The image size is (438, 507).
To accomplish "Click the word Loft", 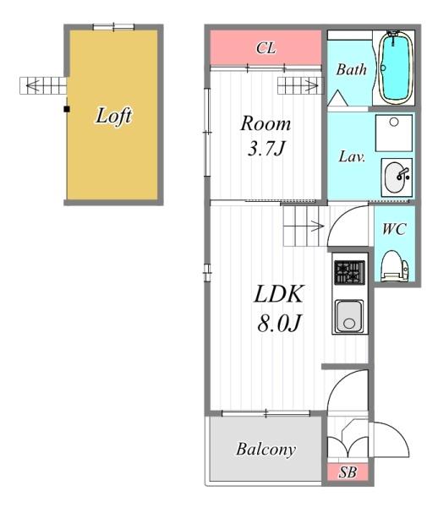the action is click(x=114, y=116).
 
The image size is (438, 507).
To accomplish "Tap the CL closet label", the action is click(x=266, y=48).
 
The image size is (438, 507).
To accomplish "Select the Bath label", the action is click(x=351, y=69).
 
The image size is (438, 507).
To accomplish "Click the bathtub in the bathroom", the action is click(x=396, y=68).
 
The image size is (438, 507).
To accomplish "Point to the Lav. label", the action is click(x=352, y=157).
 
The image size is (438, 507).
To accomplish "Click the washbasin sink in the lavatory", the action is click(x=397, y=177).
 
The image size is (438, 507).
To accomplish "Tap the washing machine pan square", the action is click(x=394, y=133).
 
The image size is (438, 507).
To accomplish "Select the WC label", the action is click(x=394, y=229).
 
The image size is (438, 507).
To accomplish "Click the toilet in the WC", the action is click(x=395, y=266).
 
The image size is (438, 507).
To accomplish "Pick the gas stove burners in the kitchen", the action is click(x=349, y=273).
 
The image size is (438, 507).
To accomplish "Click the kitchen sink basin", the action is click(x=349, y=316).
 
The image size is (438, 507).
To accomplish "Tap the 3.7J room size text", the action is click(x=266, y=149).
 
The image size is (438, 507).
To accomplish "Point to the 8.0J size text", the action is click(x=280, y=323).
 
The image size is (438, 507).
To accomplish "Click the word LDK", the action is click(x=279, y=294).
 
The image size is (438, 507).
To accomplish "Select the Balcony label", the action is click(x=266, y=450).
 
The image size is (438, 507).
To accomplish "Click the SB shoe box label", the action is click(x=348, y=472).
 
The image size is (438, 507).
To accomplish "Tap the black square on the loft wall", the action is click(x=67, y=109).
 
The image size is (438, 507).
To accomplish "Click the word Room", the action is click(x=266, y=123).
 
